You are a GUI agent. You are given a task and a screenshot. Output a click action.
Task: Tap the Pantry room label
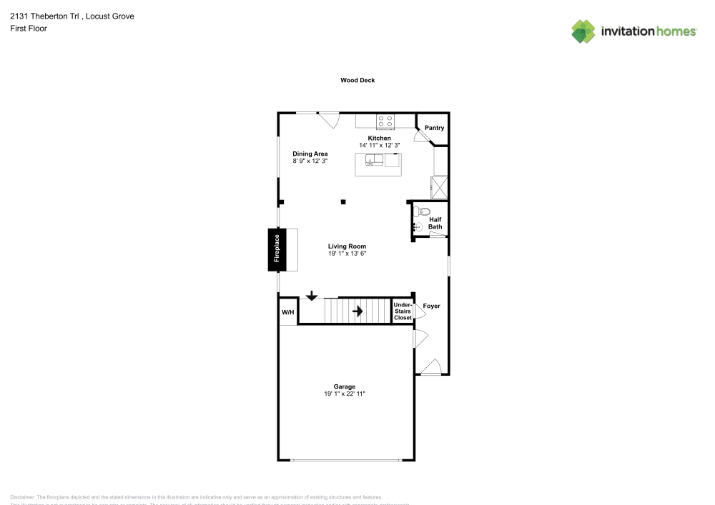pyautogui.click(x=434, y=129)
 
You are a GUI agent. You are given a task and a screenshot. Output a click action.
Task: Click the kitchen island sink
pyautogui.click(x=373, y=160)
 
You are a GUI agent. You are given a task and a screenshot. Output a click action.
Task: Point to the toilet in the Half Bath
pyautogui.click(x=422, y=211)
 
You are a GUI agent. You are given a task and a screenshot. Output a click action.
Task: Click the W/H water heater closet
pyautogui.click(x=287, y=312)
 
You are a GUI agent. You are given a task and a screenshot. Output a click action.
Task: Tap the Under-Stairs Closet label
pyautogui.click(x=403, y=311)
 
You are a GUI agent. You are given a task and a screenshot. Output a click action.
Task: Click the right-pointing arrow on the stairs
pyautogui.click(x=357, y=311)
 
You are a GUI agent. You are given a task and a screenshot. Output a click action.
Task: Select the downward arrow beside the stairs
pyautogui.click(x=312, y=296)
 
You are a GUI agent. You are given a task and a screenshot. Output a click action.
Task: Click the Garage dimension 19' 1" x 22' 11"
pyautogui.click(x=345, y=394)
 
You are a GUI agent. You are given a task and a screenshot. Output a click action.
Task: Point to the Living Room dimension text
pyautogui.click(x=347, y=254)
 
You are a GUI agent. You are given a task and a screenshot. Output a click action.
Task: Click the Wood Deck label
pyautogui.click(x=357, y=81)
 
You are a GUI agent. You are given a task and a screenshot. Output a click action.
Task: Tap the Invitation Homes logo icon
pyautogui.click(x=583, y=31)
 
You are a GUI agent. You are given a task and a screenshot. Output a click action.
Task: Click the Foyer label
pyautogui.click(x=432, y=306)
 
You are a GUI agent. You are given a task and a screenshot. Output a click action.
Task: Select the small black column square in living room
pyautogui.click(x=343, y=202)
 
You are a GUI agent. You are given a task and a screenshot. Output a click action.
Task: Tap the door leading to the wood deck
pyautogui.click(x=329, y=120)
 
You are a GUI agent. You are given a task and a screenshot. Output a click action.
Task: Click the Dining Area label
pyautogui.click(x=310, y=154)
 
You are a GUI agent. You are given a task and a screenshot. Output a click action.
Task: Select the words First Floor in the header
pyautogui.click(x=29, y=29)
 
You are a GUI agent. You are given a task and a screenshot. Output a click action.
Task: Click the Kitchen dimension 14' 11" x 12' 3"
pyautogui.click(x=379, y=145)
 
